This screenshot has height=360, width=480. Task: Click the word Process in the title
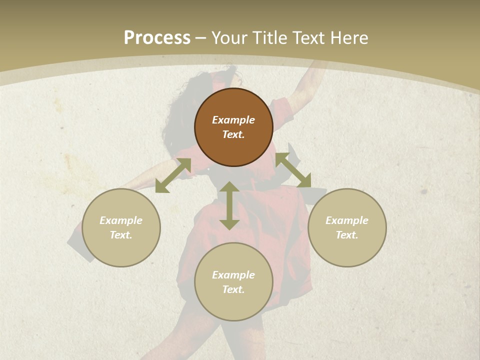coord(157,38)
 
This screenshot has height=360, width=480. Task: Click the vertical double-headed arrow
coord(229,205)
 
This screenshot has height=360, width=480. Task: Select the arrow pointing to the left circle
coord(173,175)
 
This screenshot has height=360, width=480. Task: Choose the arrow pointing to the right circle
coord(293,170)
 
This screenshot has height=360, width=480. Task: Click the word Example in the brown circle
coord(233,120)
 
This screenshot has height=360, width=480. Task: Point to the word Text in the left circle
coord(121,235)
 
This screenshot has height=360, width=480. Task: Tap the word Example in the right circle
coord(347,220)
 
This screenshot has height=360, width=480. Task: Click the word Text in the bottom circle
coord(233,289)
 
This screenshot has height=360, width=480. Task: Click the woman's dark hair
coord(180,115)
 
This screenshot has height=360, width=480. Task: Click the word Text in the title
coord(308,38)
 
